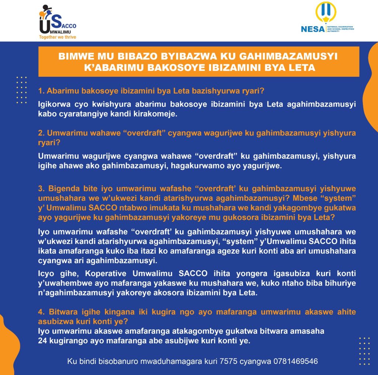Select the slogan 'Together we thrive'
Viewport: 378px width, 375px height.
[58, 37]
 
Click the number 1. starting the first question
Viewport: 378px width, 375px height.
[41, 91]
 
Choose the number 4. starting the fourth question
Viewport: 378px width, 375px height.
[41, 312]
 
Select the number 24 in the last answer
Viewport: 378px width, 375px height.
[42, 341]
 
